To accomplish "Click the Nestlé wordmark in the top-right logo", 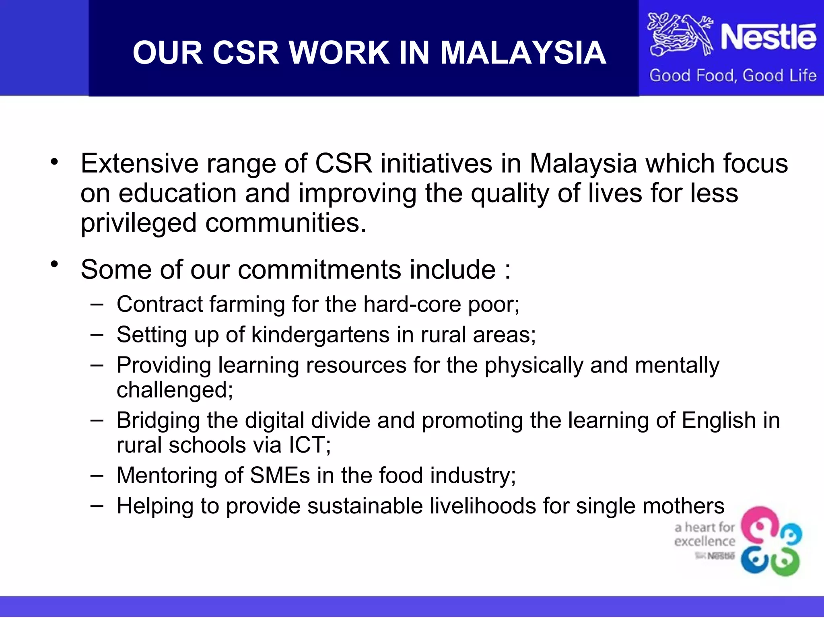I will [x=768, y=37].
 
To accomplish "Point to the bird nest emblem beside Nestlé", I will [x=679, y=35].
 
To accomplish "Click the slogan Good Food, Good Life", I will [x=733, y=76].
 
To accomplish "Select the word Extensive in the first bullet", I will [x=139, y=164].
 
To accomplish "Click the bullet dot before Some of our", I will [x=55, y=264].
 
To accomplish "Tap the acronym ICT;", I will [x=309, y=445].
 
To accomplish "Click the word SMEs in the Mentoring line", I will [x=280, y=476].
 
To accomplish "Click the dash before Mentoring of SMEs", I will [x=97, y=475].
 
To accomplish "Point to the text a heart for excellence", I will [x=705, y=534].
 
